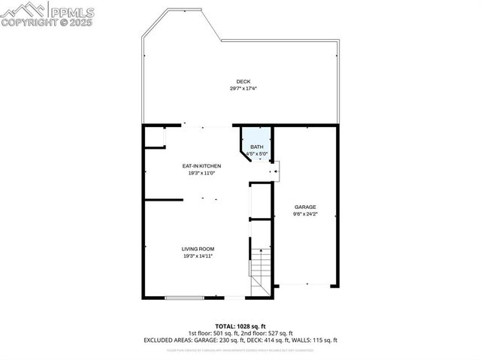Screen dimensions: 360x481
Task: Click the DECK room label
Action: pyautogui.click(x=243, y=81)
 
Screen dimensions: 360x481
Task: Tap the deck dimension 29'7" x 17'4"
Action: pyautogui.click(x=243, y=89)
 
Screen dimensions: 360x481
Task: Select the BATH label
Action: pyautogui.click(x=257, y=147)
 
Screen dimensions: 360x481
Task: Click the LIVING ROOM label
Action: pyautogui.click(x=198, y=249)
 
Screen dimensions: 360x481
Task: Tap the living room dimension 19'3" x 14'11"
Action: pyautogui.click(x=198, y=256)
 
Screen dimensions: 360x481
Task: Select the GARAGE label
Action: pyautogui.click(x=305, y=207)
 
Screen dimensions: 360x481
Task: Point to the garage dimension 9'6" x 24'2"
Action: pyautogui.click(x=305, y=214)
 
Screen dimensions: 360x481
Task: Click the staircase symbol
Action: pyautogui.click(x=259, y=267)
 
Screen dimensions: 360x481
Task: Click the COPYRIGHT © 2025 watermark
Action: pyautogui.click(x=47, y=23)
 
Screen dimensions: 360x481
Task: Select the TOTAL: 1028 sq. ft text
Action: pyautogui.click(x=240, y=325)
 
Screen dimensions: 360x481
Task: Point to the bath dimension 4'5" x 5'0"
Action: pyautogui.click(x=257, y=154)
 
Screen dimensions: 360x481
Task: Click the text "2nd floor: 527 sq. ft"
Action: pyautogui.click(x=266, y=332)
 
